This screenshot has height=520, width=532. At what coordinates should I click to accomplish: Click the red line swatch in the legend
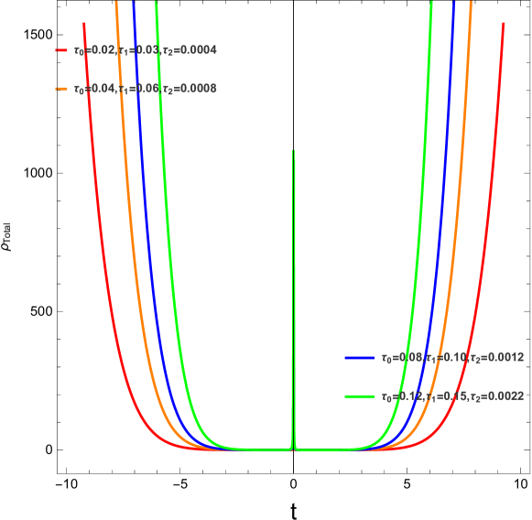(x=60, y=50)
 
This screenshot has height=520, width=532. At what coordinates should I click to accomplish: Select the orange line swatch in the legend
(x=60, y=89)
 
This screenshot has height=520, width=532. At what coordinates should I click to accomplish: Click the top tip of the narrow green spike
(x=293, y=150)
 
